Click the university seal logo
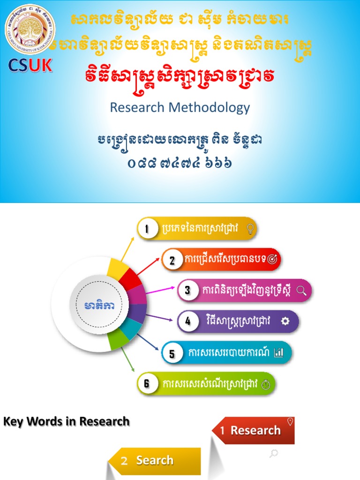click(30, 30)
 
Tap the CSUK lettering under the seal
click(30, 65)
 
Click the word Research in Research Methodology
click(137, 107)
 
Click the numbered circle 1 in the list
click(147, 229)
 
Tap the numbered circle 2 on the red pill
click(172, 260)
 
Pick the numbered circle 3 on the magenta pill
click(187, 291)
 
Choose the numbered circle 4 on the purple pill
click(187, 321)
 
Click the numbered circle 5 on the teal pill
click(172, 353)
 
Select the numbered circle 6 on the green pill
click(147, 383)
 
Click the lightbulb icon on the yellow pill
click(250, 229)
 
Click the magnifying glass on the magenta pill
click(301, 291)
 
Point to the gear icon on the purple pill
click(285, 321)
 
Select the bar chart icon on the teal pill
click(279, 353)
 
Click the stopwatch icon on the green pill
click(266, 384)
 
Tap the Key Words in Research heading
click(67, 421)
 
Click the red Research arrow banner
click(255, 430)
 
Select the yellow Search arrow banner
click(155, 460)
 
